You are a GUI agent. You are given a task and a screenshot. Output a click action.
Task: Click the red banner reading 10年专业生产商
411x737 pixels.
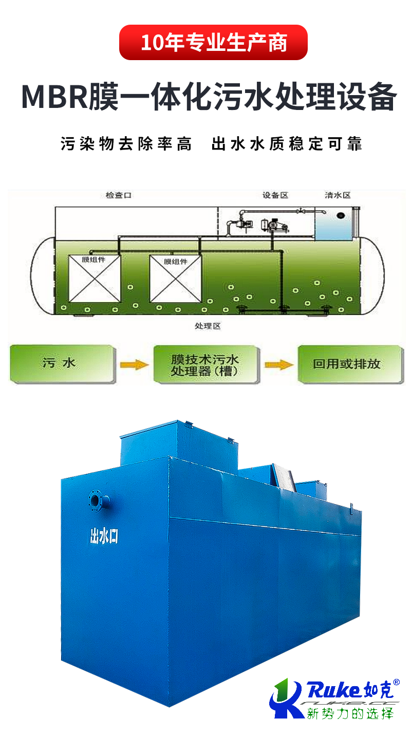tap(213, 43)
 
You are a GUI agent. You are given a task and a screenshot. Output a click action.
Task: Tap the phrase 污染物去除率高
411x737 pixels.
tap(126, 144)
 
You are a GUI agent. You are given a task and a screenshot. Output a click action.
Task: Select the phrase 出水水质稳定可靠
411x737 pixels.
tap(287, 144)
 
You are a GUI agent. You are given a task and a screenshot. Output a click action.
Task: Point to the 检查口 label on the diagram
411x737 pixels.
tap(118, 196)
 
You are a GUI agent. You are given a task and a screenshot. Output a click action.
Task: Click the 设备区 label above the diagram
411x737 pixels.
tap(275, 196)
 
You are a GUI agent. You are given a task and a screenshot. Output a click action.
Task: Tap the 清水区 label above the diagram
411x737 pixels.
tap(338, 196)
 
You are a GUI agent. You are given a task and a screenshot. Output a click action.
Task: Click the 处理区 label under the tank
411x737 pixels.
tap(208, 326)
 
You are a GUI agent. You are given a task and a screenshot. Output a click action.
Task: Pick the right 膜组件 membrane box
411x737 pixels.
tap(175, 279)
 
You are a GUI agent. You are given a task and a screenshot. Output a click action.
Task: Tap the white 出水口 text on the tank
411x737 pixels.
tap(104, 537)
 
